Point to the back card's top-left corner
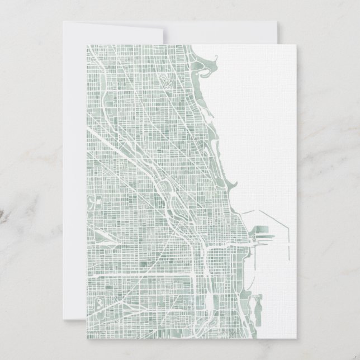coord(63,22)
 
